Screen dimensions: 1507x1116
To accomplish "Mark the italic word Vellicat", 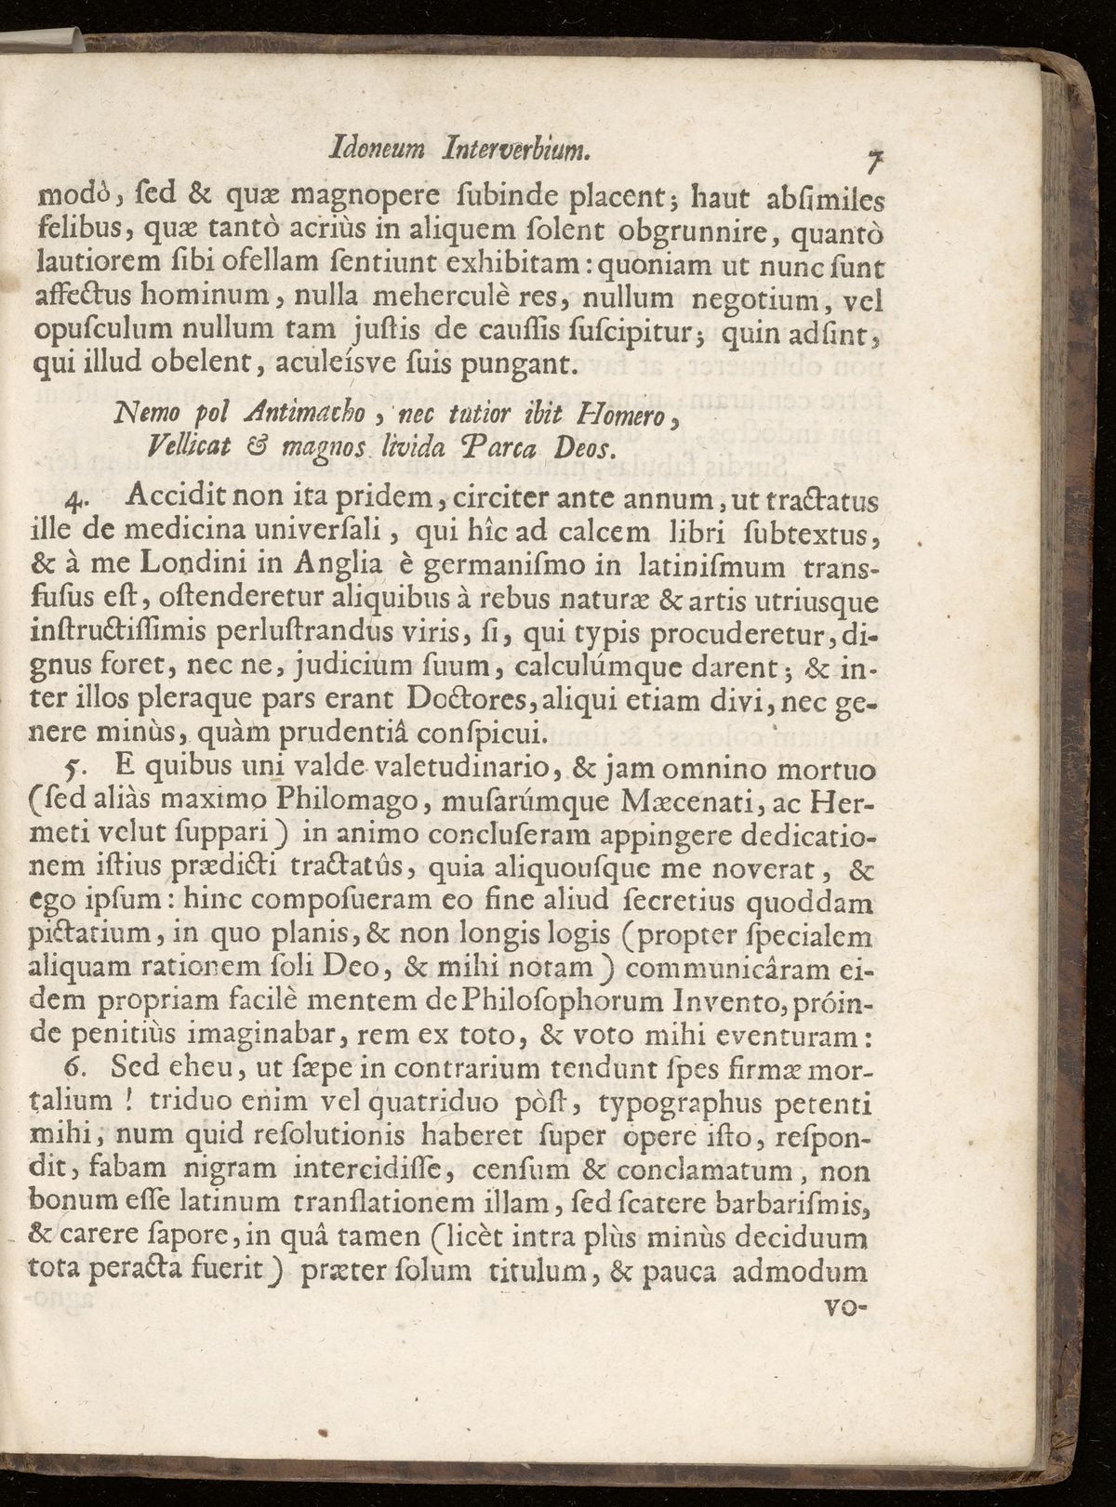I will click(186, 448).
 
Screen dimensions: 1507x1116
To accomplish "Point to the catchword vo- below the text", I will click(845, 1305).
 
